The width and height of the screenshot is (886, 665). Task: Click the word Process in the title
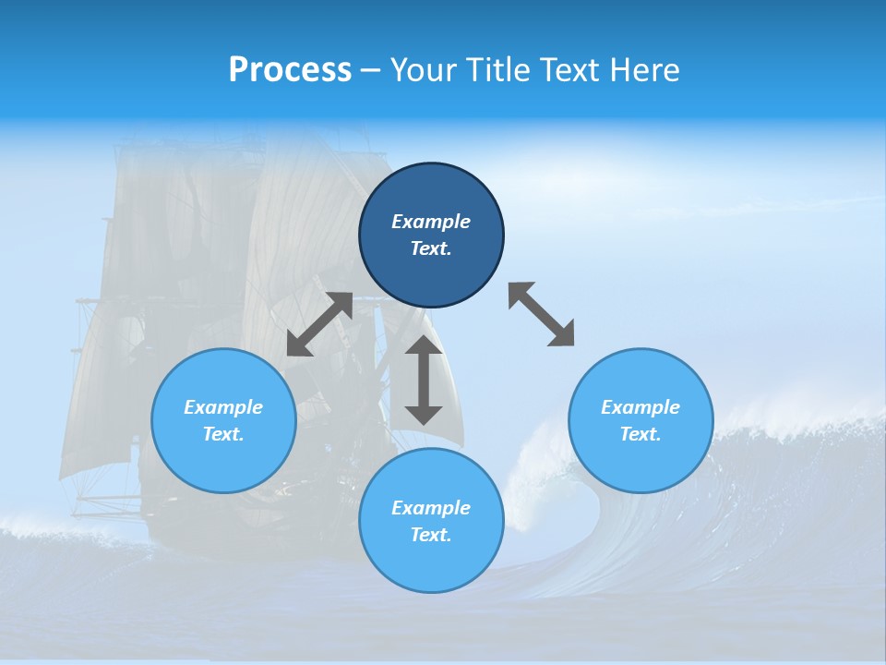click(x=290, y=70)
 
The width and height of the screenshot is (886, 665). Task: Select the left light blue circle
click(x=223, y=462)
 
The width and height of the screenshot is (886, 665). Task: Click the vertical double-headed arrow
click(x=424, y=380)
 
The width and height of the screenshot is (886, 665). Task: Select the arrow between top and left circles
click(x=319, y=324)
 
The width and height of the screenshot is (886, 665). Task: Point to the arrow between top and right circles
click(x=541, y=315)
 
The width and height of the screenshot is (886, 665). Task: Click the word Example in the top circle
click(x=431, y=222)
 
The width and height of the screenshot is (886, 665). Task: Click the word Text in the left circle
click(x=222, y=434)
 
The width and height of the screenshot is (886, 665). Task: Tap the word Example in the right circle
click(x=641, y=407)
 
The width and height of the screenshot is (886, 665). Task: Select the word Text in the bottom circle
click(x=430, y=535)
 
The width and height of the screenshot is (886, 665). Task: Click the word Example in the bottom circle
click(x=431, y=508)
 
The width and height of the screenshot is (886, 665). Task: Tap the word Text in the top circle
click(x=430, y=248)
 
